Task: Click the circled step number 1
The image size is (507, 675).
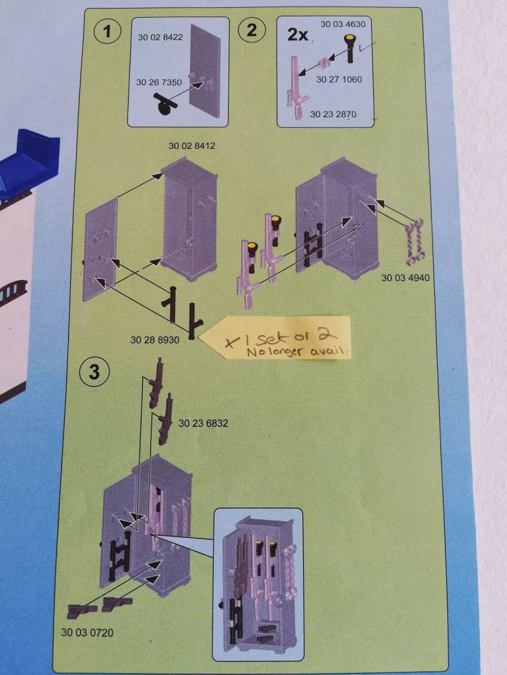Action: [x=107, y=32]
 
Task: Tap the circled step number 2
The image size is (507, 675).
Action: [x=252, y=30]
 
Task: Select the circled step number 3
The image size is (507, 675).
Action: [x=94, y=372]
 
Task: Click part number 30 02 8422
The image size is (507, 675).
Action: [x=160, y=38]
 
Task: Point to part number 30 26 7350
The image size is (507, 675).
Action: [x=158, y=82]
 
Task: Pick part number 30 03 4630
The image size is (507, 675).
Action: [x=343, y=24]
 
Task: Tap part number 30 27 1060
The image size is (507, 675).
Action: [x=339, y=79]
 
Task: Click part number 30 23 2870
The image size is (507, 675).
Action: [x=333, y=114]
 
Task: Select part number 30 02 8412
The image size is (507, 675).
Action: [x=191, y=146]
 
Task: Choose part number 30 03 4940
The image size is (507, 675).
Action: [x=405, y=278]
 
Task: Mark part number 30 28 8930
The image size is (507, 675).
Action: [x=154, y=340]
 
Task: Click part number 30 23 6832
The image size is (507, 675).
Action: [x=203, y=424]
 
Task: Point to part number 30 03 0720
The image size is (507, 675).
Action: [x=88, y=632]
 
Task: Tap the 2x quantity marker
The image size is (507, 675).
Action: [x=298, y=34]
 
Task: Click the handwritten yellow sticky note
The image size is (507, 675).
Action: [x=276, y=337]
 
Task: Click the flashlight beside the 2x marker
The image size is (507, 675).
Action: [x=349, y=49]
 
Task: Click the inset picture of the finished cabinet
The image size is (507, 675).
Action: [x=258, y=584]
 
